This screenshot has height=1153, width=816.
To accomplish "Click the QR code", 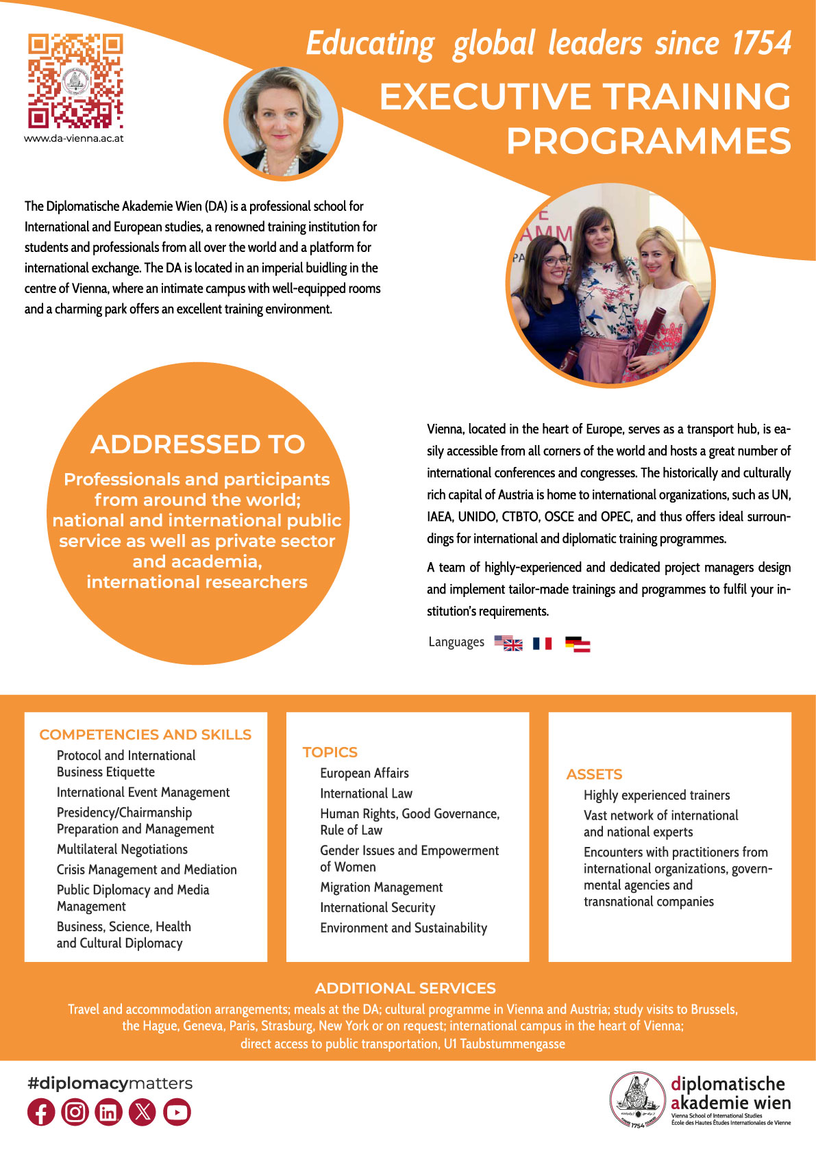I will coord(75,81).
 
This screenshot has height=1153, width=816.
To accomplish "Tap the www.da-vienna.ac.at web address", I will coord(74,138).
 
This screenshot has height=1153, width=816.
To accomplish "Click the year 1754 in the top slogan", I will coord(761,44).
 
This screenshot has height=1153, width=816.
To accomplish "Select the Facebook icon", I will coord(41,1112).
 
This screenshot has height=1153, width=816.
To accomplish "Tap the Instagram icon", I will coord(75,1112).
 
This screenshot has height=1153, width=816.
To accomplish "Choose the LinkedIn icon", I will coord(108,1112).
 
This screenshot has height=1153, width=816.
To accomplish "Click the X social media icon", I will coord(143,1112).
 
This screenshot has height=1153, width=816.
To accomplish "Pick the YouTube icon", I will coord(177,1112).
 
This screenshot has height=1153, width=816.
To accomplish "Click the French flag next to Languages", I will coord(543,644).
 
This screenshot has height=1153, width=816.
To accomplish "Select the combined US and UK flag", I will coord(508,644).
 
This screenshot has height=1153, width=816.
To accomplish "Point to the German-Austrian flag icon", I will coord(578,644).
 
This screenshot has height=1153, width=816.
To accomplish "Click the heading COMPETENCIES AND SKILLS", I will coord(145,735).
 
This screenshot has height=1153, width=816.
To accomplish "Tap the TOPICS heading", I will coord(330,752).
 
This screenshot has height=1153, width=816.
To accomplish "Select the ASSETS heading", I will coord(594,774).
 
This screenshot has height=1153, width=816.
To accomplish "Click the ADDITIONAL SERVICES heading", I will coord(405,988).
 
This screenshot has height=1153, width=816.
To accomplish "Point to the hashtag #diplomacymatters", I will coord(110,1083).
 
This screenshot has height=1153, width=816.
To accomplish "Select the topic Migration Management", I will coord(381,887).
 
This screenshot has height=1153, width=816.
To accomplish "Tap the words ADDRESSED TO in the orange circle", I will coord(197,444).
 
